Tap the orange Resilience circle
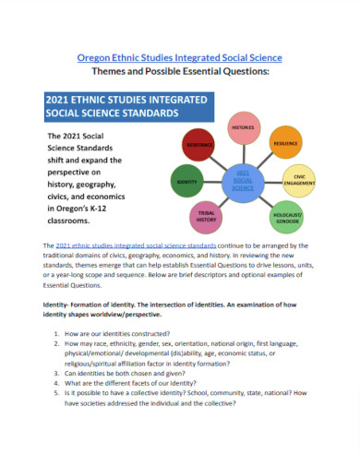point(284,144)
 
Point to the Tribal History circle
point(207,218)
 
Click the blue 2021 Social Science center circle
point(243,180)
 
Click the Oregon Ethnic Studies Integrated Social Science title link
point(179,58)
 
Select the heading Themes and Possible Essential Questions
point(179,75)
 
